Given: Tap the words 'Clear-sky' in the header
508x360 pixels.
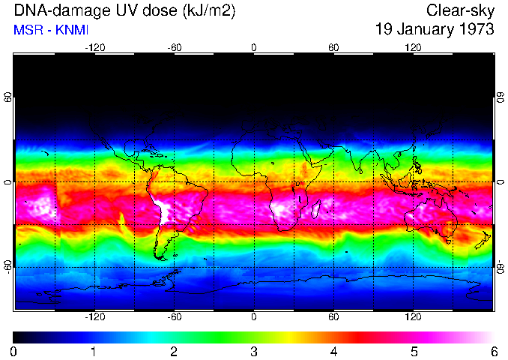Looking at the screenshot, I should point(460,11).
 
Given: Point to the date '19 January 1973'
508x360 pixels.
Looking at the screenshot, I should point(435,30).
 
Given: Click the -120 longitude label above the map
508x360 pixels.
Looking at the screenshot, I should point(94,48).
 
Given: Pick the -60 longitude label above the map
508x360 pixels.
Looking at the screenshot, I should point(175,48).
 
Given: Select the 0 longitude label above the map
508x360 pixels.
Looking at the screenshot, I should point(254,48).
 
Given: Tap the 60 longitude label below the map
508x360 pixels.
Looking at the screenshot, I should point(333,317).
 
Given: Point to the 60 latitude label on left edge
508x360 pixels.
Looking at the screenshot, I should point(8,98).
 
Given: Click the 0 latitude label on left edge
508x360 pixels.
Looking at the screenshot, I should point(8,182).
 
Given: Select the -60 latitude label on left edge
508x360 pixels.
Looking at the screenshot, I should point(8,266).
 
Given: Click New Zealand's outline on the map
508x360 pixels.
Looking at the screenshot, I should point(483,240).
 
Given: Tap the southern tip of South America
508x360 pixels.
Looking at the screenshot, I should point(160,256).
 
